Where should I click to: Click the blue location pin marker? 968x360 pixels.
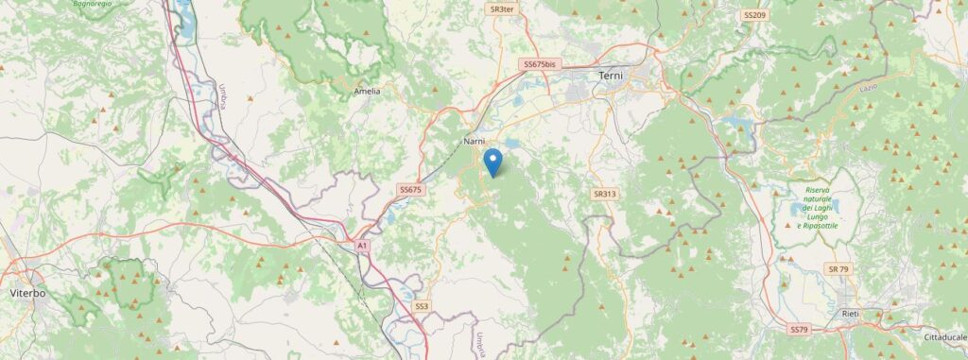coord(493,162)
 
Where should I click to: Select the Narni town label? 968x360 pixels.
coord(475,141)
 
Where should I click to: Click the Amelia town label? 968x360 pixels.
coord(366,92)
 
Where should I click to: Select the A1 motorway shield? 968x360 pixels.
coord(362,246)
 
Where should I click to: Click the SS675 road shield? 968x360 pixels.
coord(409,190)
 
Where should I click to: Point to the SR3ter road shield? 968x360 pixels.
coord(502,9)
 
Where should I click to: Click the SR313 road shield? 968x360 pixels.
coord(605,194)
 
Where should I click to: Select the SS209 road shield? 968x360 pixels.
coord(754,16)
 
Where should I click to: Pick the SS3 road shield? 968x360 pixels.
coord(422,306)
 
